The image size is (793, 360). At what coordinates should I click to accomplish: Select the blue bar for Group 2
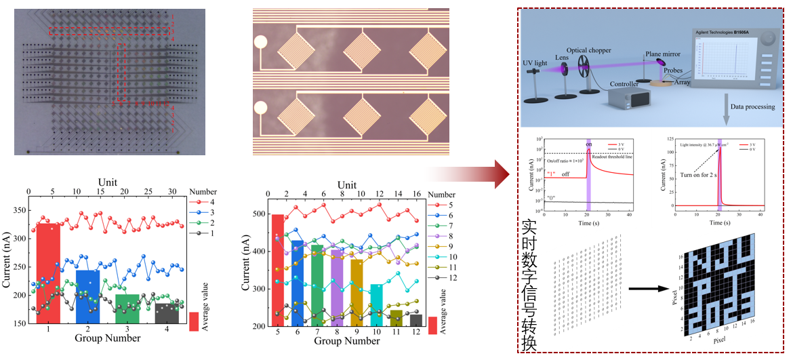88,296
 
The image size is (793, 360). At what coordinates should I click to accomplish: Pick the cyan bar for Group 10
375,305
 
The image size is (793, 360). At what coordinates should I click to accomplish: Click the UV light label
535,63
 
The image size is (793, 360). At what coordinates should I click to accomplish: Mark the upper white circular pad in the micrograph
261,43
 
